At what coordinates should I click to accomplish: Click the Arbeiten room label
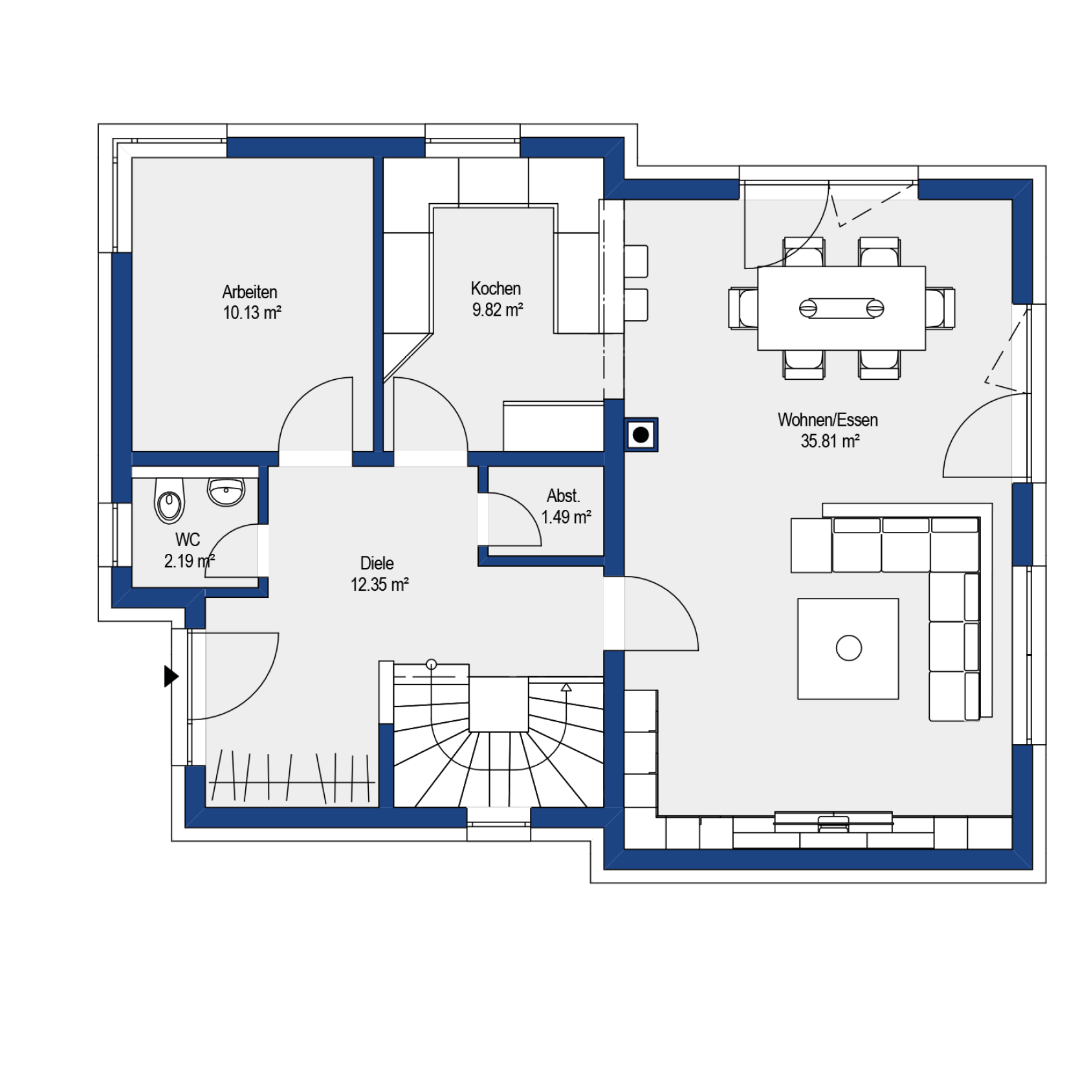(250, 292)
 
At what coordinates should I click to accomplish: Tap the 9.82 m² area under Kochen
(497, 310)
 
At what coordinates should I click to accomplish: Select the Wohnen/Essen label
(828, 420)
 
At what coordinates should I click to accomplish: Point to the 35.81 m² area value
(830, 441)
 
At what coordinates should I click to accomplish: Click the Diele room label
(377, 563)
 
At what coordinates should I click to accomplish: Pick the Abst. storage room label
(563, 496)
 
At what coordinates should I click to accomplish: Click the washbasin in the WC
(226, 492)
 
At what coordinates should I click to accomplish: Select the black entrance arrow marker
(171, 676)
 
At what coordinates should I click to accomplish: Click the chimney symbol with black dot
(641, 435)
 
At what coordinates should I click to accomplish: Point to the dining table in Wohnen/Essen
(841, 308)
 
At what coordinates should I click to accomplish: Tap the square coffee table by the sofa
(848, 648)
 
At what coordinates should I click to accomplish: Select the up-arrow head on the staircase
(566, 687)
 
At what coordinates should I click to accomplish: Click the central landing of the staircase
(498, 704)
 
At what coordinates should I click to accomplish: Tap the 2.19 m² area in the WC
(189, 561)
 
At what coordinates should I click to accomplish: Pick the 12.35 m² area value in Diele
(379, 585)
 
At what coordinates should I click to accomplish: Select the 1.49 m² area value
(566, 517)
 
